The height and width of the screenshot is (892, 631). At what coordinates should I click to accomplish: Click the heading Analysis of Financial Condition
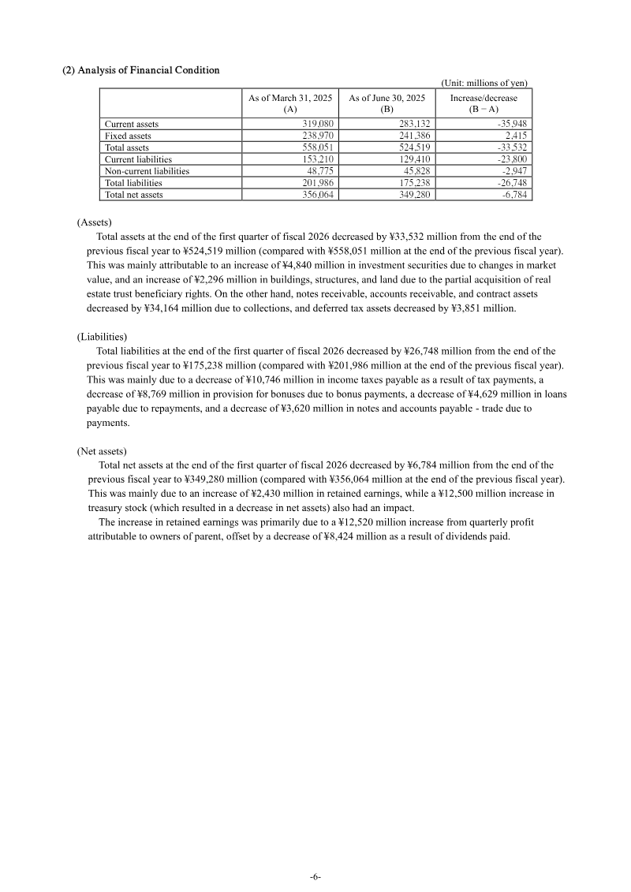tap(140, 70)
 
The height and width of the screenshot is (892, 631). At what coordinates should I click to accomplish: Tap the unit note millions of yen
tap(484, 83)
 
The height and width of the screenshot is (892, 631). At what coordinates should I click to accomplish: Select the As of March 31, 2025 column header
tap(289, 103)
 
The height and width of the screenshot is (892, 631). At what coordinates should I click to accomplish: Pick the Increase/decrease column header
tap(484, 103)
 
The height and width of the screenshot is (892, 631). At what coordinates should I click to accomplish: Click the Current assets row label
tap(132, 124)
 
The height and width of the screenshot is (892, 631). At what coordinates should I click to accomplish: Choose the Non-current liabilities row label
tap(147, 170)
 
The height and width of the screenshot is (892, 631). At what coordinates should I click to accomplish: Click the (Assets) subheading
tap(94, 223)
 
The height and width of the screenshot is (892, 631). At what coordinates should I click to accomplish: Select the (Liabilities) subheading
tap(102, 337)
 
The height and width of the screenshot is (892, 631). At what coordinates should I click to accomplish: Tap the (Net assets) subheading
tap(101, 451)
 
